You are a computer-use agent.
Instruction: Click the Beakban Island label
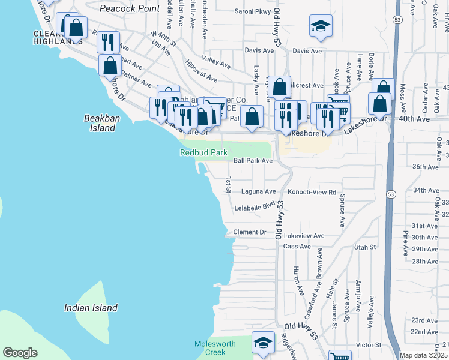99,123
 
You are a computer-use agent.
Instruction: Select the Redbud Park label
204,152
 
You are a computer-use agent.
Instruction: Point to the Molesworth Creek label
210,349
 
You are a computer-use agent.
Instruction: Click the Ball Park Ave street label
253,161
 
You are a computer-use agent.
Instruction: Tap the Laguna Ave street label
258,192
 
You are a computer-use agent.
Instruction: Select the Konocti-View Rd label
307,192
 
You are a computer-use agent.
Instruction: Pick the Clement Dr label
249,232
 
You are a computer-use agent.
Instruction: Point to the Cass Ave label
297,247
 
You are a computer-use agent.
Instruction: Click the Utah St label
364,247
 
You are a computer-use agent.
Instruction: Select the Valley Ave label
217,62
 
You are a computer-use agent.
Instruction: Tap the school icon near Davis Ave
321,26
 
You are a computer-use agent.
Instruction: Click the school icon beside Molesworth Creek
262,343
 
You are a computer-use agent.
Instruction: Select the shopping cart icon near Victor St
340,356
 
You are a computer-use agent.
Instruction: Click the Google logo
20,353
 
